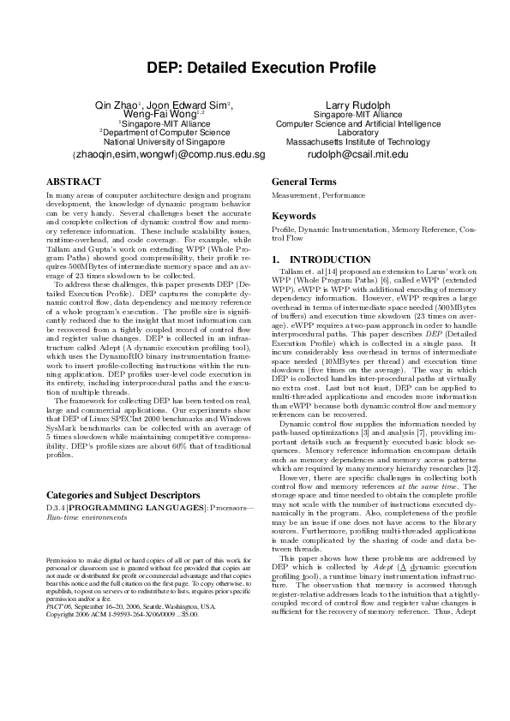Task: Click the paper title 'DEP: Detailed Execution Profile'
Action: pyautogui.click(x=255, y=68)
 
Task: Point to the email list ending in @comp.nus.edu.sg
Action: pyautogui.click(x=169, y=155)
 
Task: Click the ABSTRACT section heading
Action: pyautogui.click(x=73, y=182)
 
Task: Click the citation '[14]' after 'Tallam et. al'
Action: pyautogui.click(x=321, y=272)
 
